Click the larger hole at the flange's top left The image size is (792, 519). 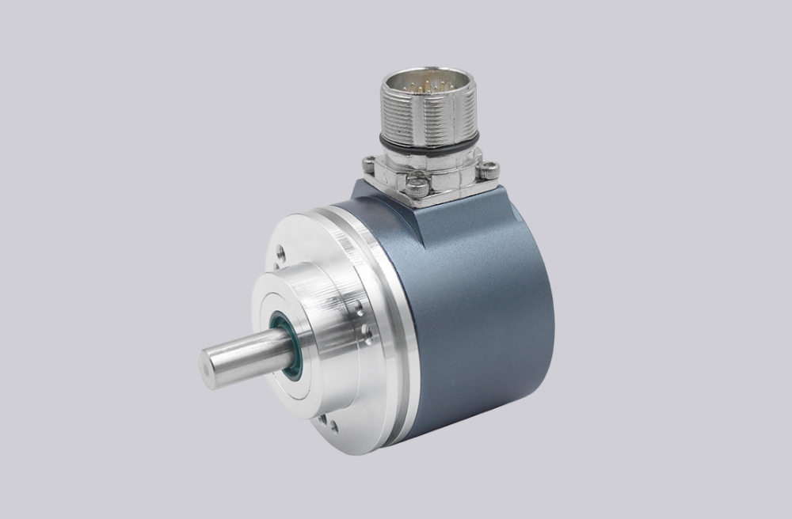coord(280,254)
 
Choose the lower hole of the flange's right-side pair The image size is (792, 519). coord(364,331)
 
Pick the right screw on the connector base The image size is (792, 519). coord(490,168)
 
